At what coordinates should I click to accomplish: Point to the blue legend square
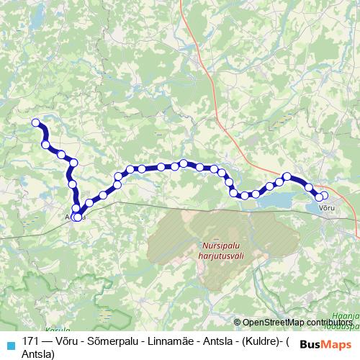(x=10, y=345)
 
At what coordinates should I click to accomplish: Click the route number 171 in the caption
(x=31, y=342)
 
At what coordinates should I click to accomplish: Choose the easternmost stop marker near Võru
(x=323, y=195)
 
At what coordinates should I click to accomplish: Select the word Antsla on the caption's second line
(x=38, y=354)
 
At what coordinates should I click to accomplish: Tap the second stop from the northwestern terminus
(x=46, y=145)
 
